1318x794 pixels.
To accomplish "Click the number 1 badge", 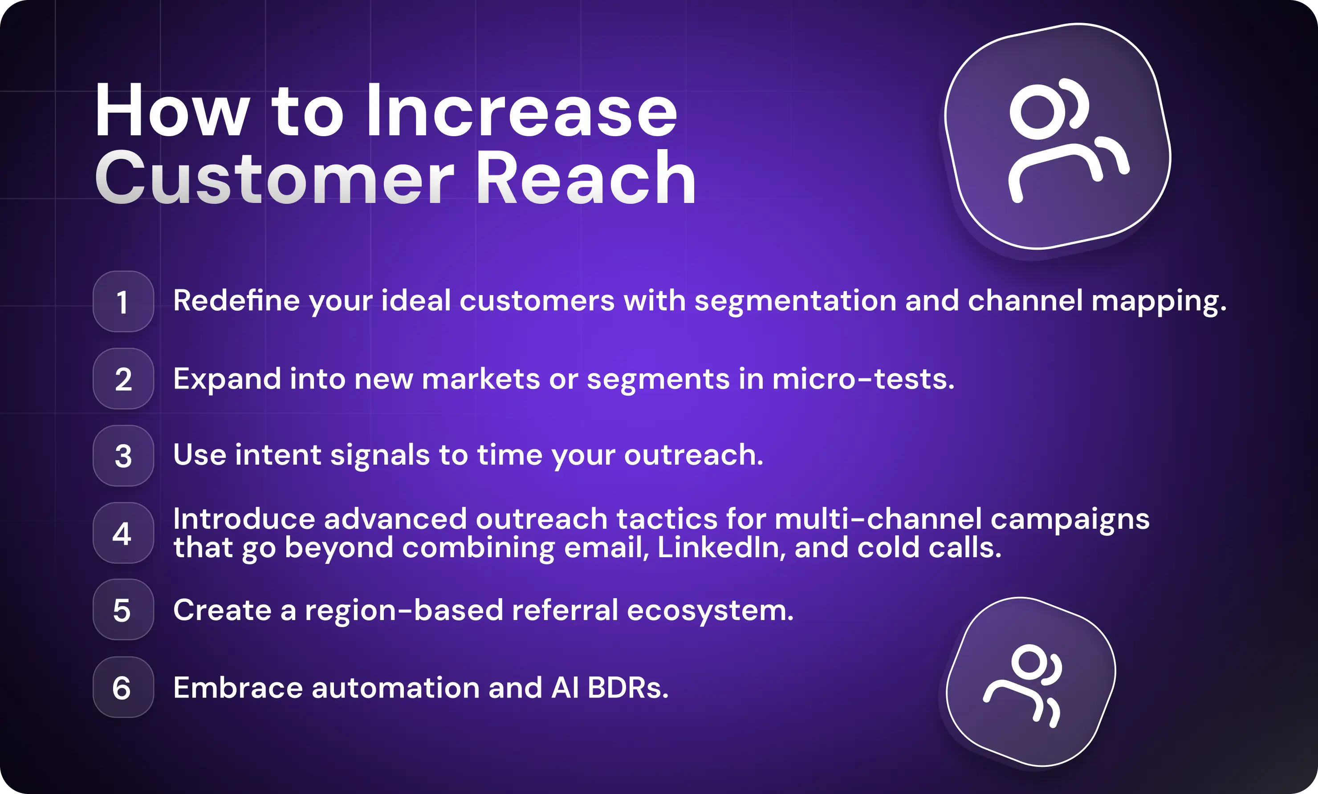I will (x=123, y=302).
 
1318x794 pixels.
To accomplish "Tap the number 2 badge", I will (x=123, y=379).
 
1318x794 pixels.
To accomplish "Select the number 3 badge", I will (x=123, y=456).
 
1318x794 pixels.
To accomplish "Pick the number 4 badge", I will (x=123, y=533).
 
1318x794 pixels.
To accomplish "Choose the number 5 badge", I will (x=123, y=610).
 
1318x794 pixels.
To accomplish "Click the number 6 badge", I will (x=123, y=688).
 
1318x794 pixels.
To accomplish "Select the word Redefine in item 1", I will (x=236, y=300).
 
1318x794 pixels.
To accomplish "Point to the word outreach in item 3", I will (x=693, y=455).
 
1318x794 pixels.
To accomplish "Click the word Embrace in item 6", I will (x=238, y=688).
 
